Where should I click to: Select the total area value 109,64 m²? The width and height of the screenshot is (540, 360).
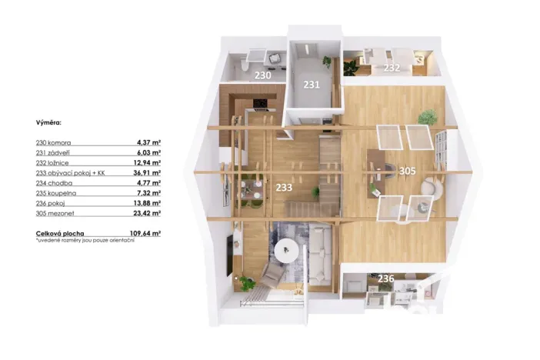coord(145,232)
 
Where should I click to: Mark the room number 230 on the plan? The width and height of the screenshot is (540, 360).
coord(263,75)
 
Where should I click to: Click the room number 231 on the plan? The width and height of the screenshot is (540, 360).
coord(310,84)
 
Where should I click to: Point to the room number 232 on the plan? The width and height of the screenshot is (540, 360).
coord(392,68)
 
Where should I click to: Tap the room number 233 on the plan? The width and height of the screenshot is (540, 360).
coord(284,185)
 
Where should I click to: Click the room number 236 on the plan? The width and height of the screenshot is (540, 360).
coord(385,278)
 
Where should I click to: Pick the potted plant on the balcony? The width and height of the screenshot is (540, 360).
coord(248,283)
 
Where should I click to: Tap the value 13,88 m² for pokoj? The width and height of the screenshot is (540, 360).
coord(148,202)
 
